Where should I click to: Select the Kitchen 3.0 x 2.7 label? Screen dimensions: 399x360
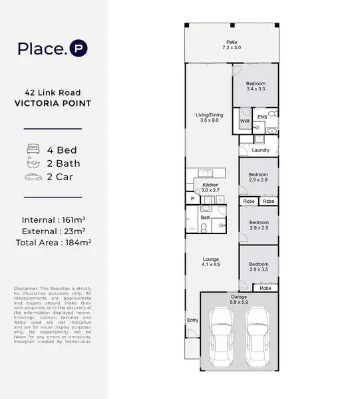pos(210,188)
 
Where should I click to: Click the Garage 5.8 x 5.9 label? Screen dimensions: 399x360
pos(238,300)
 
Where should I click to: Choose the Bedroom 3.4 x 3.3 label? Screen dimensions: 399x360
pos(256,86)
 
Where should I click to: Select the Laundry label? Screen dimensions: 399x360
pos(260,150)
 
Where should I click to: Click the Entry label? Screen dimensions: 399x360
pos(193,321)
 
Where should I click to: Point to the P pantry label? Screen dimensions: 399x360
pos(192,198)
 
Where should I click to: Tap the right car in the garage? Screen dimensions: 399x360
pos(256,340)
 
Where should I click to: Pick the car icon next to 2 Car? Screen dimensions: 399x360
pos(32,177)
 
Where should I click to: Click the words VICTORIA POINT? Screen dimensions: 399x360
pos(53,104)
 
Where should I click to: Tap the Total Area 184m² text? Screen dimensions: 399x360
pos(53,243)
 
